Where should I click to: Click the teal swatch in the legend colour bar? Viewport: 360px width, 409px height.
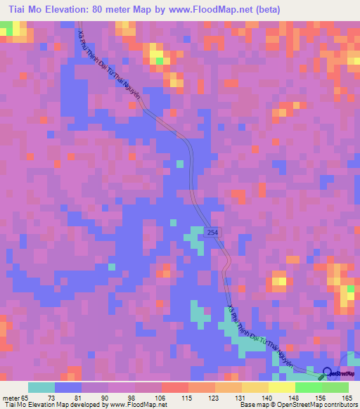coord(41,387)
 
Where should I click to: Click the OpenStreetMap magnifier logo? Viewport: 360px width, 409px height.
coord(327,373)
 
